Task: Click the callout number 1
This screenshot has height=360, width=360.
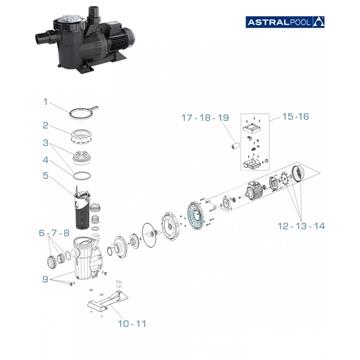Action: point(45,101)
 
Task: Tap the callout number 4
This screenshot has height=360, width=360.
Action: point(45,159)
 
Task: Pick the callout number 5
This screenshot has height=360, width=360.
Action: point(45,177)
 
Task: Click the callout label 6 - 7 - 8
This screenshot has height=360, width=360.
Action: point(52,232)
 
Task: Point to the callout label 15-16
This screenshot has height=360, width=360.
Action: point(295,117)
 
